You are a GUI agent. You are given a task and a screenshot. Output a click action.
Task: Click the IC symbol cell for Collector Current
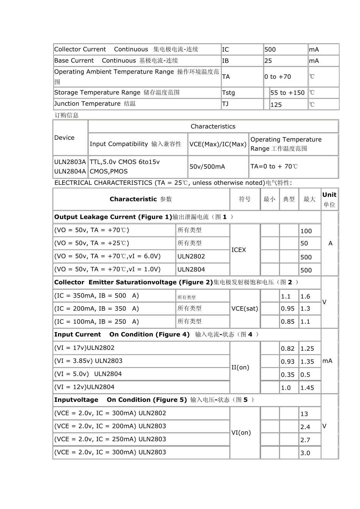pos(225,50)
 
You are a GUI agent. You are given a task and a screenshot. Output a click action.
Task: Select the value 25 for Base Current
pos(268,61)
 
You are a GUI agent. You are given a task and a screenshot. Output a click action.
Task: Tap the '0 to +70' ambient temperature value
pos(278,77)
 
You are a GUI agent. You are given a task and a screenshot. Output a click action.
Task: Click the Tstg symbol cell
pos(229,93)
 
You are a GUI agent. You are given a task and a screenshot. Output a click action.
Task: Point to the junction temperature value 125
pos(276,105)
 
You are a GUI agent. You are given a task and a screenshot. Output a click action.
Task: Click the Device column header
pos(64,137)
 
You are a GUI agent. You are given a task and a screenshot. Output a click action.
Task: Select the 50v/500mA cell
pos(207,167)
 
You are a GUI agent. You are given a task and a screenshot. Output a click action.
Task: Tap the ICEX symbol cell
pos(239,250)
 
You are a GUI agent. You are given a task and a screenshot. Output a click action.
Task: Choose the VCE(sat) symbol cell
pos(244,309)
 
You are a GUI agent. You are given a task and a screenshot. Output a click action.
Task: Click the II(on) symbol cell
pos(240,367)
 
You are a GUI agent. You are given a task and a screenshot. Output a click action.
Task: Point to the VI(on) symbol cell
pos(241,432)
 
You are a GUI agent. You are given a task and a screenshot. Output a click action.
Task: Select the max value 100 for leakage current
pos(306,231)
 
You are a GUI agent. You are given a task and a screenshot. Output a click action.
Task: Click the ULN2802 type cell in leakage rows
pos(191,256)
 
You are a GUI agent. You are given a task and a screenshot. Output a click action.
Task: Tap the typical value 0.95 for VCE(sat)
pos(288,309)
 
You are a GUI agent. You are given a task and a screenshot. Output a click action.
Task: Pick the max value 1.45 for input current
pos(307,388)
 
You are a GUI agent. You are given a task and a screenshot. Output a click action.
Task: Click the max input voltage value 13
pos(304,414)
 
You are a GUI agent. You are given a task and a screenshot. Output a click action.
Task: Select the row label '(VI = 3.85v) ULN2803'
pos(88,361)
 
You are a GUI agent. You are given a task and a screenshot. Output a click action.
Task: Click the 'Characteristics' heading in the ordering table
pos(213,126)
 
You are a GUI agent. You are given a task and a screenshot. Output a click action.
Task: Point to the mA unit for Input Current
pos(327,361)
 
